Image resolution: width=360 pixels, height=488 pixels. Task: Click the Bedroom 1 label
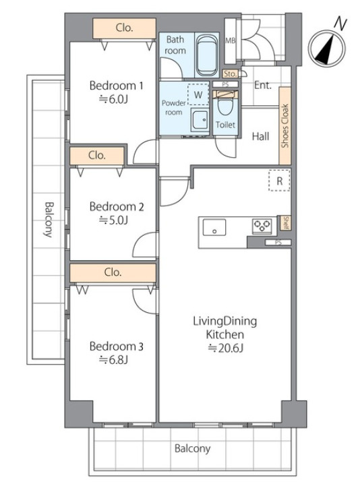[116, 86]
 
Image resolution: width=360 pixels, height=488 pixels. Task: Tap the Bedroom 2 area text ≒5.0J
[113, 220]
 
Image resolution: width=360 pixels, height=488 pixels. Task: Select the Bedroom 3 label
[117, 346]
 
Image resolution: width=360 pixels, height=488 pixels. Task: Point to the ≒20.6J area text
[225, 348]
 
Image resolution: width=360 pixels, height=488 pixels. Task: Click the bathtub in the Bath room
[207, 55]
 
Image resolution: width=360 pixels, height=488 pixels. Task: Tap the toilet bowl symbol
[225, 106]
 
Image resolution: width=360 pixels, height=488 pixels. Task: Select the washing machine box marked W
[198, 94]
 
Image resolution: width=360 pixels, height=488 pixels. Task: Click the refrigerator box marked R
[279, 181]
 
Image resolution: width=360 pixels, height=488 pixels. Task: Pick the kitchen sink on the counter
[214, 227]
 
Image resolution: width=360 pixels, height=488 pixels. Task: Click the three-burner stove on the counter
[262, 226]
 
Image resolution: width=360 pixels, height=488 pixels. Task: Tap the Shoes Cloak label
[285, 126]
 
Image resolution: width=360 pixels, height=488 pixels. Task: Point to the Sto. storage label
[231, 73]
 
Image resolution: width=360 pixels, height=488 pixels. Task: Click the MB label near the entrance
[230, 40]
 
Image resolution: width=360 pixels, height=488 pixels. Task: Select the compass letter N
[340, 24]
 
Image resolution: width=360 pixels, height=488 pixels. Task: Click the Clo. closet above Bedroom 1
[124, 28]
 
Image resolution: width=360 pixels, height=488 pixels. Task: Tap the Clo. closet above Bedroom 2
[97, 155]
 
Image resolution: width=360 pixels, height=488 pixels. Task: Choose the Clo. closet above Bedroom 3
[113, 272]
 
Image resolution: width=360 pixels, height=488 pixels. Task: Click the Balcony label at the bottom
[192, 448]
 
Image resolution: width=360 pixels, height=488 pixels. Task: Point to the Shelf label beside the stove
[286, 223]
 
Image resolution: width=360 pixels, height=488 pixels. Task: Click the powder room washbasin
[200, 119]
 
